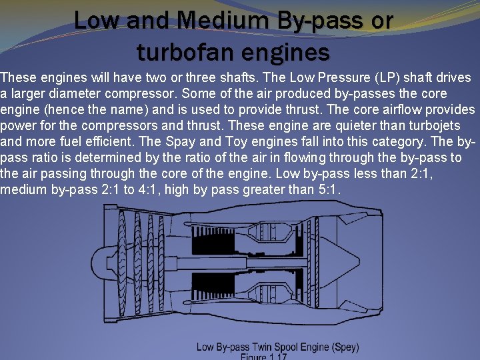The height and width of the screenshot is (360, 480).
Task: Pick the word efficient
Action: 152,142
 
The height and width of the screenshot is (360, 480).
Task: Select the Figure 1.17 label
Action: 263,357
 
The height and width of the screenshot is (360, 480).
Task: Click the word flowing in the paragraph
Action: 304,158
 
